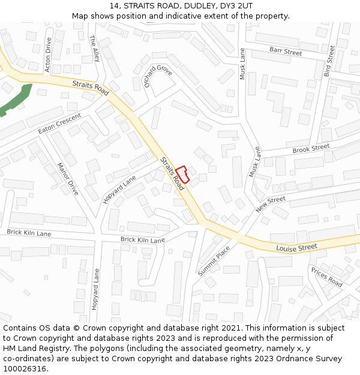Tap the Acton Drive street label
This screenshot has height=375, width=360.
(49, 55)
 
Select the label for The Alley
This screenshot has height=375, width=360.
(95, 48)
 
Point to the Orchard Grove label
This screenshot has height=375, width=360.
(158, 74)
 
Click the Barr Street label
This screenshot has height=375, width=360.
(286, 52)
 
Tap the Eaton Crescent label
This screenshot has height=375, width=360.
(59, 123)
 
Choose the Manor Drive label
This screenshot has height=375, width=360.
(68, 179)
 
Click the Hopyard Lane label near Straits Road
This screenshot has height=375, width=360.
(119, 190)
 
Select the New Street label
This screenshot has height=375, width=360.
(271, 204)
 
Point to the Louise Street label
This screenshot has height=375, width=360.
(296, 247)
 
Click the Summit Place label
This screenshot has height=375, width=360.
(214, 260)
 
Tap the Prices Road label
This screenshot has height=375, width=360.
(326, 277)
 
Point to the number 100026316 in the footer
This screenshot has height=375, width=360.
(24, 368)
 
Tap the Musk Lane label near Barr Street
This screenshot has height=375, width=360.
(243, 64)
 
